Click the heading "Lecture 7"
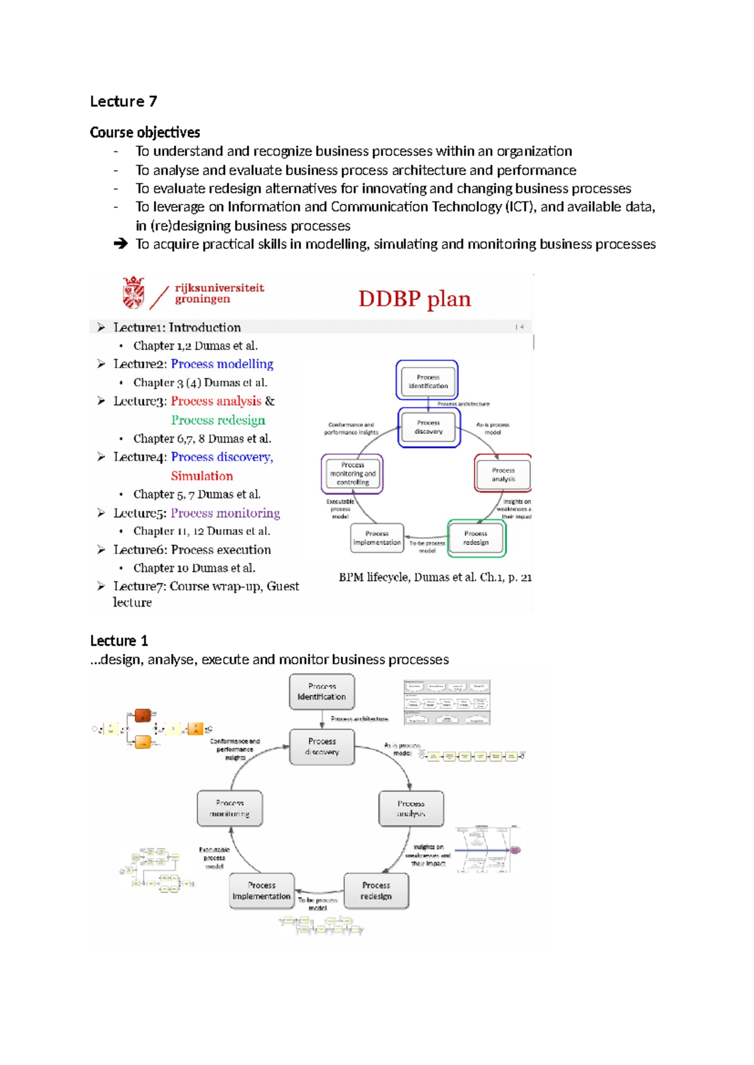click(x=123, y=102)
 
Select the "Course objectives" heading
click(x=145, y=132)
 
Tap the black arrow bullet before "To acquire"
click(x=121, y=244)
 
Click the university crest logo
click(x=133, y=293)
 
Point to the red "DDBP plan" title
click(x=414, y=299)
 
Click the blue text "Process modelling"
click(x=222, y=364)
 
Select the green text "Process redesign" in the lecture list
click(x=218, y=420)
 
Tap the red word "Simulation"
click(x=202, y=476)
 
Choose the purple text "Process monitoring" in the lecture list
click(x=225, y=513)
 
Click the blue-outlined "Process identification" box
click(x=427, y=381)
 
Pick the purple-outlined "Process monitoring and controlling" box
click(x=352, y=474)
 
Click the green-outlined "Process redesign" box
click(x=476, y=538)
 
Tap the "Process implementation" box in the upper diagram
click(x=377, y=538)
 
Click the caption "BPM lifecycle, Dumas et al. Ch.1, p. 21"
click(x=435, y=577)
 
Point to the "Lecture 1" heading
click(x=119, y=641)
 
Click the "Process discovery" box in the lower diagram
click(x=322, y=747)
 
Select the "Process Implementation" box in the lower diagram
click(x=261, y=891)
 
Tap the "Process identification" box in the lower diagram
click(x=322, y=691)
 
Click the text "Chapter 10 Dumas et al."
click(x=194, y=568)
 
